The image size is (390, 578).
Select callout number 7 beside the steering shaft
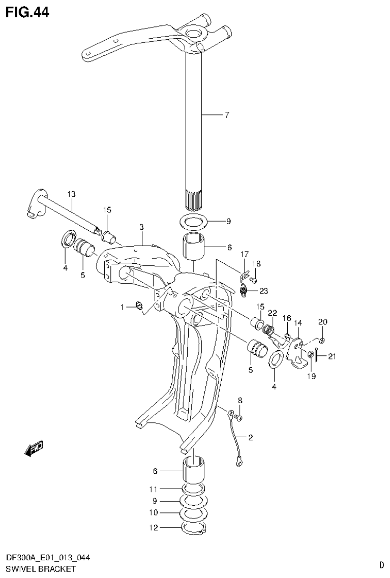pos(226,115)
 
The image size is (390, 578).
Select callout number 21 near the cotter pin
pos(332,356)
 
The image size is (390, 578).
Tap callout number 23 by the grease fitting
pos(263,291)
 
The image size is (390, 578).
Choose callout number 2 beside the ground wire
pos(250,437)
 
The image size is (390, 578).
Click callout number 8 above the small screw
pos(240,400)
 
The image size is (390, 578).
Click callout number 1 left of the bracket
pos(122,307)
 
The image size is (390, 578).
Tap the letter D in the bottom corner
pos(381,564)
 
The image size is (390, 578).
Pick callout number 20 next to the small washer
pos(323,321)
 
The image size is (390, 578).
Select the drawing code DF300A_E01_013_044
pos(46,558)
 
